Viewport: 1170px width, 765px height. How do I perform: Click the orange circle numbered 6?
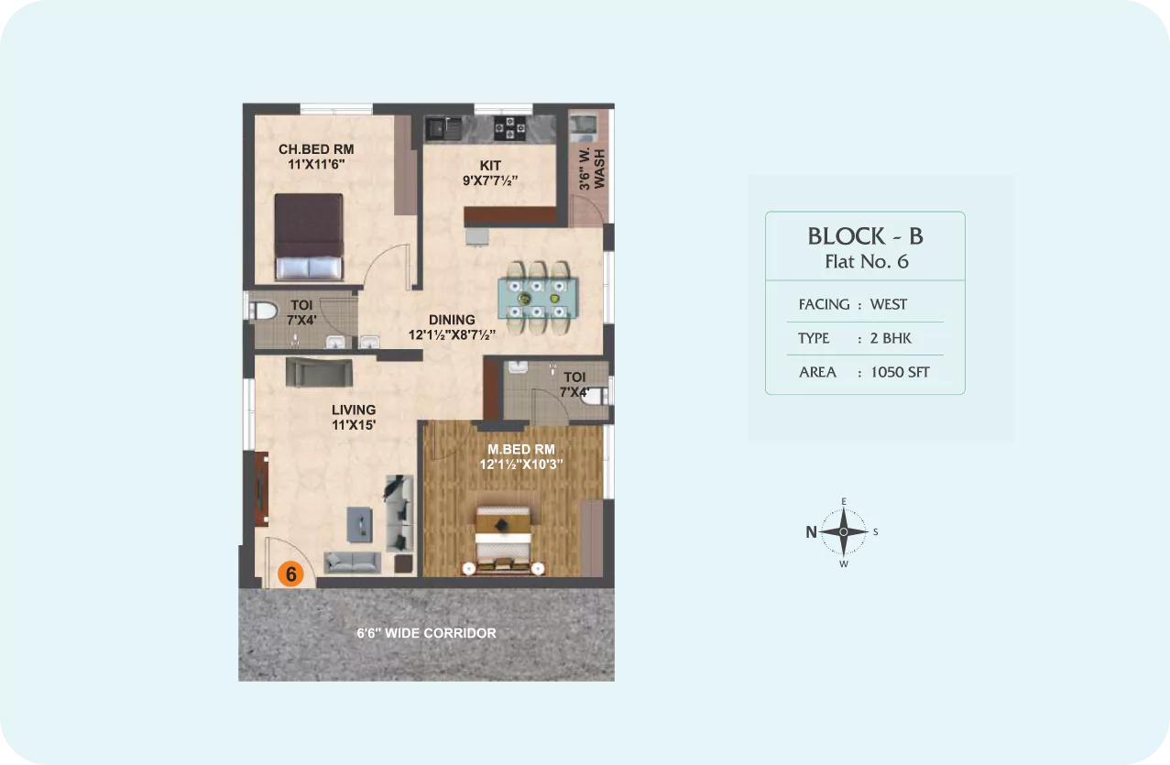tap(291, 574)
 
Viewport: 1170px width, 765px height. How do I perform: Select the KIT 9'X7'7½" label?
tap(490, 173)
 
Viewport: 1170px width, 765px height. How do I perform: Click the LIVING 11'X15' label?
tap(354, 417)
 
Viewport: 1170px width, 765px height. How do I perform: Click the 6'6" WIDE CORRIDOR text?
tap(426, 633)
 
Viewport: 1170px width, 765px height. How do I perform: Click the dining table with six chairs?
tap(538, 298)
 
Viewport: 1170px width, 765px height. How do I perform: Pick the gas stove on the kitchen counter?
tap(509, 128)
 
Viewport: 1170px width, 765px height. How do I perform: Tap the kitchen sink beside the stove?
tap(443, 128)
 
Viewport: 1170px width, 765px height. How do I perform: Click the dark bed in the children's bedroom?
tap(309, 237)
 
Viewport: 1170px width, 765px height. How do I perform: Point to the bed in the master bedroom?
tap(503, 541)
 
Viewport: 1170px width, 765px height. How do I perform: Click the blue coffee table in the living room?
tap(360, 524)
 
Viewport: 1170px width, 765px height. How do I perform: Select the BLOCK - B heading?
tap(866, 236)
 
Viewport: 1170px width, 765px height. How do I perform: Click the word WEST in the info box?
tap(889, 304)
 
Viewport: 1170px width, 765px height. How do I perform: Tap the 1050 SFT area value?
tap(900, 372)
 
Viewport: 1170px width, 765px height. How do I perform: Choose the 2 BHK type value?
tap(891, 338)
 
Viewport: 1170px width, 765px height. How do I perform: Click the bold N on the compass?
tap(811, 532)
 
